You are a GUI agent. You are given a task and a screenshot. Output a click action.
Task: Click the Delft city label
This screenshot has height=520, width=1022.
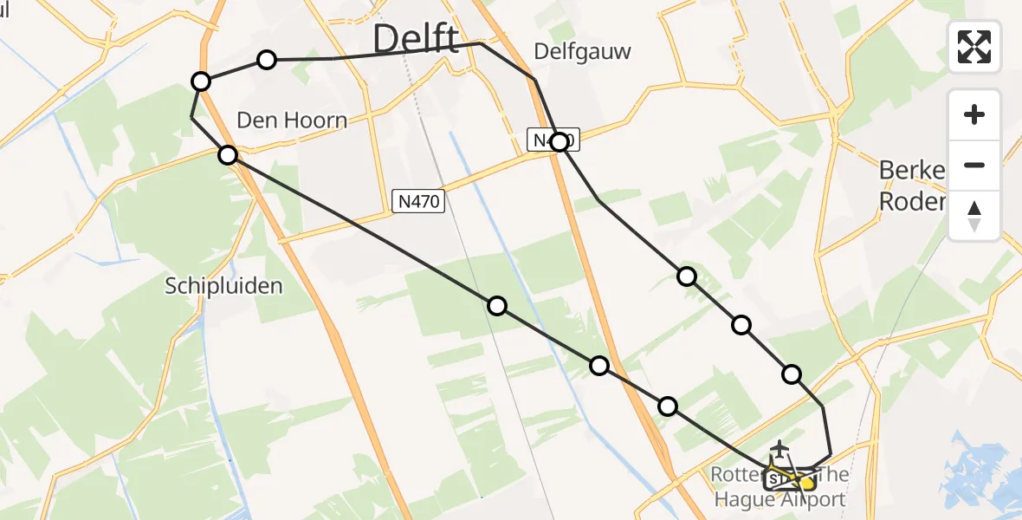[416, 40]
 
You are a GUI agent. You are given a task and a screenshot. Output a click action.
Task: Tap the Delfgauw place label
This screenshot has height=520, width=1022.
[582, 52]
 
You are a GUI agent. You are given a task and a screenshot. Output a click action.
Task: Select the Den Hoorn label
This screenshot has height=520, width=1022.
[292, 120]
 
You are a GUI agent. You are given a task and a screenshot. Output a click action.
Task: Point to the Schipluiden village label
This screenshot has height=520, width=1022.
[223, 286]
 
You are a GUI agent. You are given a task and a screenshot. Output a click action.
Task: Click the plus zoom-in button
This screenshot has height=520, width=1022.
[974, 115]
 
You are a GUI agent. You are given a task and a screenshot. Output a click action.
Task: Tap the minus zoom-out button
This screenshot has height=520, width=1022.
[974, 166]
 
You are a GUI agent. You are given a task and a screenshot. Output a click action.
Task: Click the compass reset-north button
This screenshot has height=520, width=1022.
[974, 216]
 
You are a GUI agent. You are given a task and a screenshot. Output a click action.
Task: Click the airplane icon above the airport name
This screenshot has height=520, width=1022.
[780, 449]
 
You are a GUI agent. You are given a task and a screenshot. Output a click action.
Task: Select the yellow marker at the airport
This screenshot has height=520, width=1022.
[805, 483]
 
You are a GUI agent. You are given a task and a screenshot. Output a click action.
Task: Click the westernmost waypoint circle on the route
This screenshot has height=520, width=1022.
[201, 81]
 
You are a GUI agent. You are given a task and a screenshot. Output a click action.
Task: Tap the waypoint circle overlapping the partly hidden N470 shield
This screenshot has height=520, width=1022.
[560, 142]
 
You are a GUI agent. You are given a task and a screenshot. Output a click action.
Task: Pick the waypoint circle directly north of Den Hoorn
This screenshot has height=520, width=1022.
[267, 59]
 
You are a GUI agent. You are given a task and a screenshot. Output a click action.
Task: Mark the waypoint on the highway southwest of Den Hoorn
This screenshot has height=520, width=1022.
[228, 155]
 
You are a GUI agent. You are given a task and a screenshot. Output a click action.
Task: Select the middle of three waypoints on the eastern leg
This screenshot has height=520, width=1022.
[741, 325]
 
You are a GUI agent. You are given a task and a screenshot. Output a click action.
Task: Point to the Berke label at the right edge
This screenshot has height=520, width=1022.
[910, 171]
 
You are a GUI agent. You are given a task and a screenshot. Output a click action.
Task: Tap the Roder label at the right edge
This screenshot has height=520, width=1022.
[911, 202]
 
